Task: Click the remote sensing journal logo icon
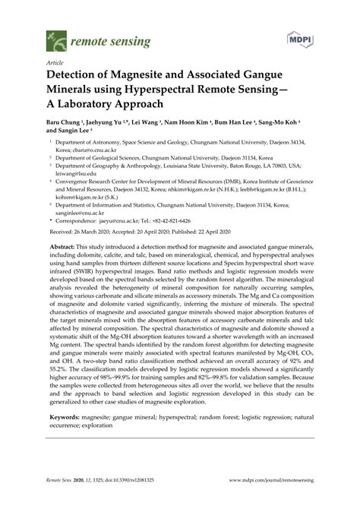pyautogui.click(x=53, y=36)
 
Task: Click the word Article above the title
pyautogui.click(x=55, y=64)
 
